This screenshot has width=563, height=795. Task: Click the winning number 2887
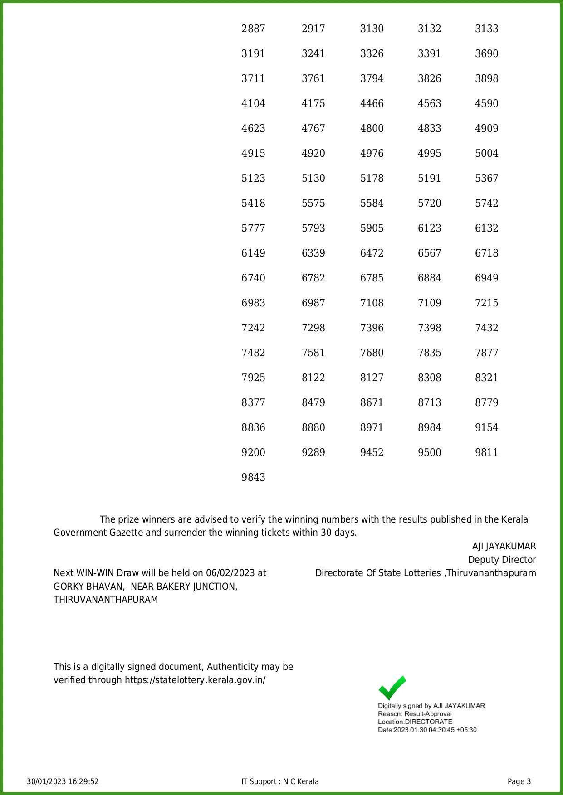[253, 29]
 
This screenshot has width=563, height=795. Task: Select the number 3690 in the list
[486, 54]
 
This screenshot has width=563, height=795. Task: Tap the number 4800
[372, 129]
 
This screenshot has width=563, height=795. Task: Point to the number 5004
[486, 154]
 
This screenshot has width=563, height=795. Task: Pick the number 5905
[372, 228]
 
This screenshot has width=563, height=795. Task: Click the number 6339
[313, 253]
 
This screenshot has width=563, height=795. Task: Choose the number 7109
[429, 303]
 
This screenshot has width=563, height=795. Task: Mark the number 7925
[253, 378]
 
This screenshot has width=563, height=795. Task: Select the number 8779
[486, 403]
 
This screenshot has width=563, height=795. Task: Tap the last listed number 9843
[253, 478]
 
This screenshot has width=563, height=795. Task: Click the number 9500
[429, 453]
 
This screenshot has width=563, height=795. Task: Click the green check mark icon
[392, 688]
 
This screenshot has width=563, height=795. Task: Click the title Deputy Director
[502, 560]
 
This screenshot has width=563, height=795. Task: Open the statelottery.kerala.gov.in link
[195, 680]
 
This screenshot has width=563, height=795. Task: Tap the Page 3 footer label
[519, 781]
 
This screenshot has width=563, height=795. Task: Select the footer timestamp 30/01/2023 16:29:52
[63, 781]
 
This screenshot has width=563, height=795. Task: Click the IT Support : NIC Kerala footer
[280, 781]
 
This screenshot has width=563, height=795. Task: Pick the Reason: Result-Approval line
[415, 714]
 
